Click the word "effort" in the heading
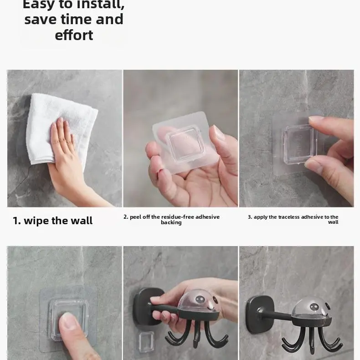click(x=74, y=35)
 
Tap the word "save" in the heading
click(x=40, y=19)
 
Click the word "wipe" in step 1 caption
click(x=36, y=221)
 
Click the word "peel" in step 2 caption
click(x=136, y=217)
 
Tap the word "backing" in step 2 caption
click(x=171, y=222)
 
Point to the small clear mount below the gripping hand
click(x=147, y=342)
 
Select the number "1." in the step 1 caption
click(x=17, y=221)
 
